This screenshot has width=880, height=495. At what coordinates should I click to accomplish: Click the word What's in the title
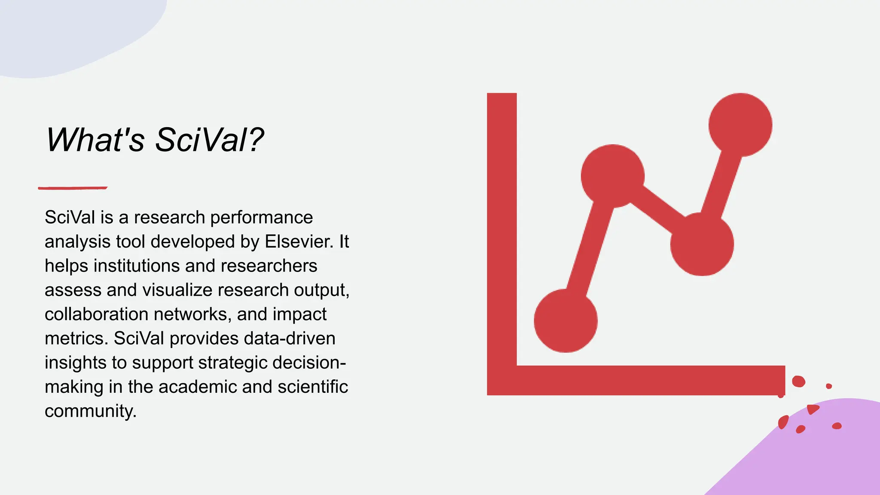pos(95,140)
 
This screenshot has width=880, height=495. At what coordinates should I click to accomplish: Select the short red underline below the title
pos(73,188)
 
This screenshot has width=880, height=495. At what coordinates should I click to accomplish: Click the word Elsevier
pos(299,241)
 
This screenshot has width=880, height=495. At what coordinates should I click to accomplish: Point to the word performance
pos(261,217)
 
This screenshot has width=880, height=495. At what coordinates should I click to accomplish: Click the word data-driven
pos(289,339)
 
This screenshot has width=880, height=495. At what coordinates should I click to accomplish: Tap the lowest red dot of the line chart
pos(565,321)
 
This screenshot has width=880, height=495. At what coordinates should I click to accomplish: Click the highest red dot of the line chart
pos(740,125)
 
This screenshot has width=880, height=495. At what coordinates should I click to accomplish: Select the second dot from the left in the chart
pos(612,176)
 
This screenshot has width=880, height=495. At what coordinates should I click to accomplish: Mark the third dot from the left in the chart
pos(702,244)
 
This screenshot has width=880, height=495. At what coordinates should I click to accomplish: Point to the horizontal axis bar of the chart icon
pos(645,380)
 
